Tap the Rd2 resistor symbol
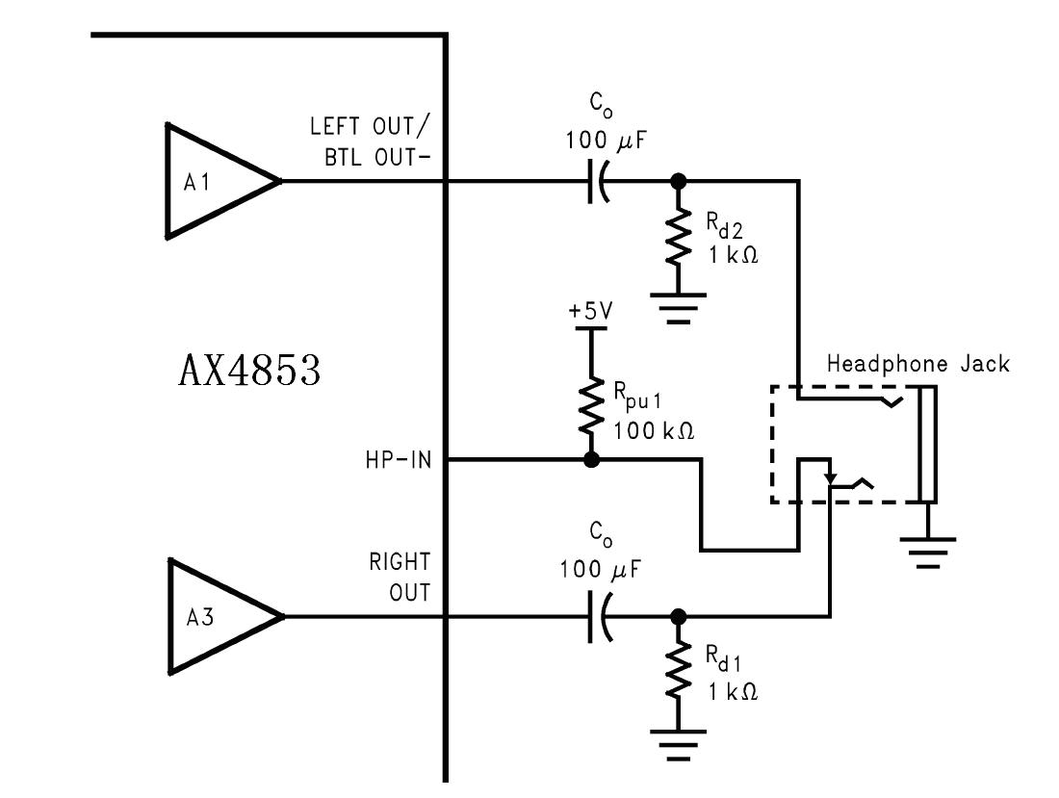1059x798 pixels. (x=679, y=238)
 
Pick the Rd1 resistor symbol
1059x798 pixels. (x=679, y=674)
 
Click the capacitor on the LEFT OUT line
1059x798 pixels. (x=599, y=181)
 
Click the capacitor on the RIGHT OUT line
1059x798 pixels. (x=599, y=616)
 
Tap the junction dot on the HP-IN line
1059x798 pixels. (x=591, y=460)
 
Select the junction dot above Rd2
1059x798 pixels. (x=679, y=181)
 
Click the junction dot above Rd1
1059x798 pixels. (x=679, y=616)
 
